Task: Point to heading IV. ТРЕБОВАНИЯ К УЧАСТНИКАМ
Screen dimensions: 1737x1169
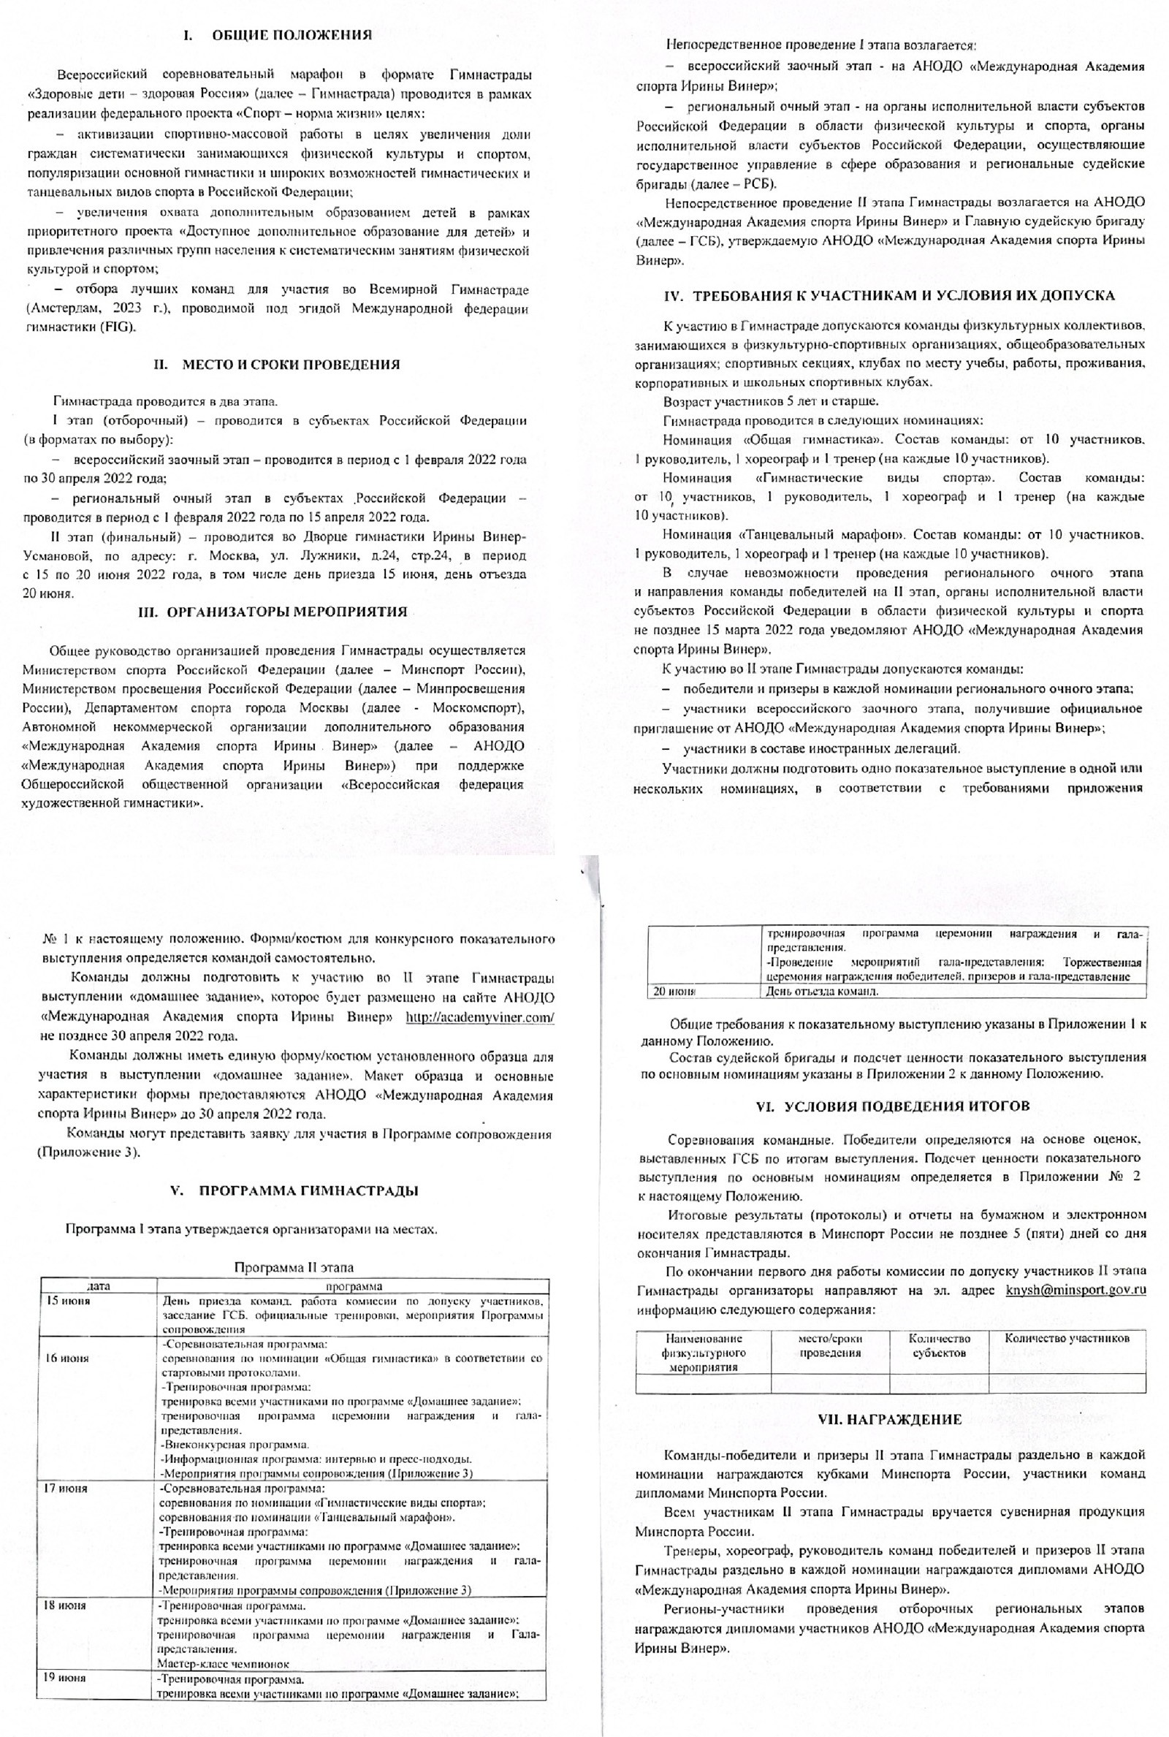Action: point(888,295)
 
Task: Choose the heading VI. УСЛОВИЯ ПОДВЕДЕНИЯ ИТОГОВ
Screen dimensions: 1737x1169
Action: point(892,1106)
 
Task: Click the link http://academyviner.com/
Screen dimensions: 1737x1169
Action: point(479,1018)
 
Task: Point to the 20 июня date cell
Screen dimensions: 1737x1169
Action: point(674,992)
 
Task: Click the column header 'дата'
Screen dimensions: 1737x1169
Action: point(99,1286)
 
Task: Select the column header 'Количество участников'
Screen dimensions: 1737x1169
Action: point(1066,1338)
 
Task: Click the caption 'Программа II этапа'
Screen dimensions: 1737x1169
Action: point(294,1267)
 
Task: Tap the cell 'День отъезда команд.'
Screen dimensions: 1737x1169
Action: point(821,992)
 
